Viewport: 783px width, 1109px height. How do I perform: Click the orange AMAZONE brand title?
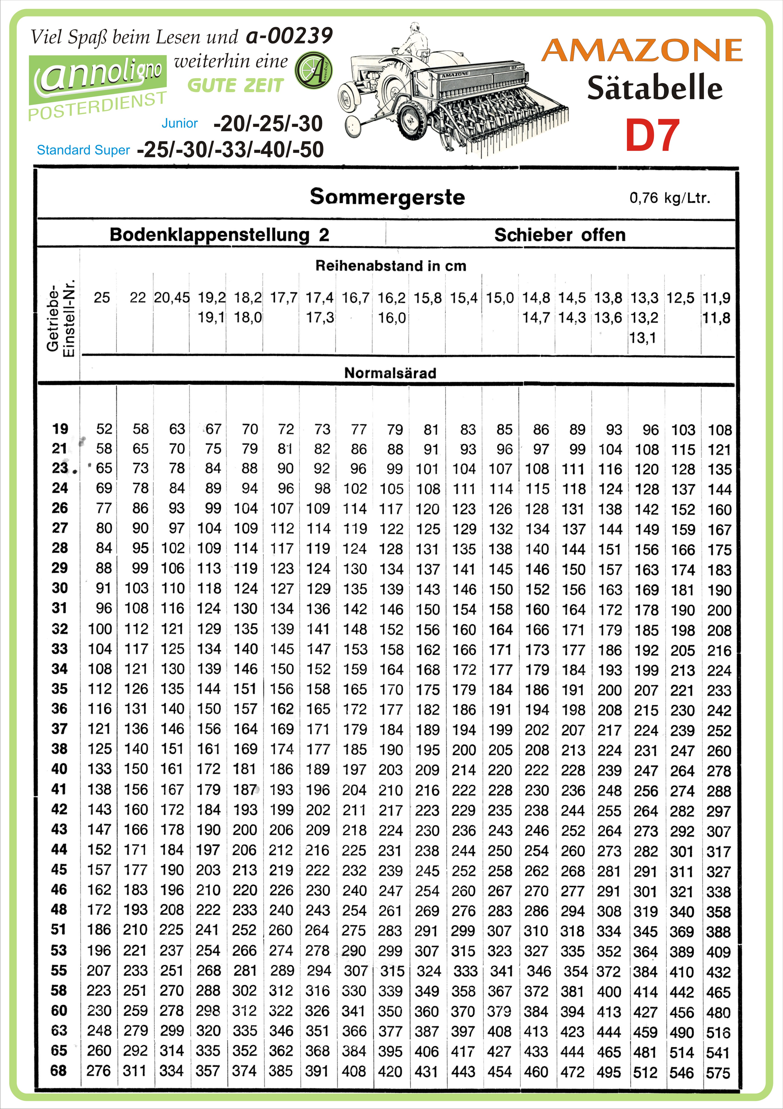[x=641, y=50]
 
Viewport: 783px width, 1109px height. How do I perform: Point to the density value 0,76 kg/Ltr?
[x=669, y=198]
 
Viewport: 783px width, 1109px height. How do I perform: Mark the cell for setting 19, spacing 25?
[x=103, y=429]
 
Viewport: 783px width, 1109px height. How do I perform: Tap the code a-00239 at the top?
[x=289, y=36]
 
